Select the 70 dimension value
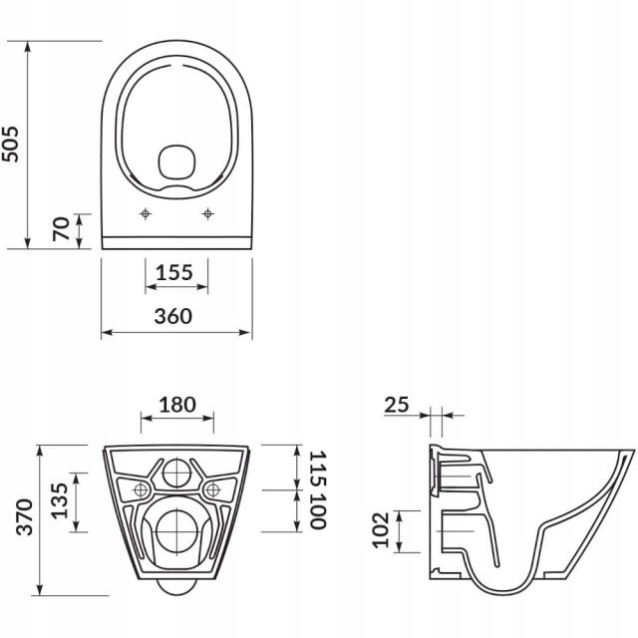[62, 229]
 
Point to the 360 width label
[176, 316]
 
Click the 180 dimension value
[177, 405]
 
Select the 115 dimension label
[318, 466]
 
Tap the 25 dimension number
[397, 404]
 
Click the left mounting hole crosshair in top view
[146, 213]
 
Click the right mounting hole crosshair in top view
[208, 213]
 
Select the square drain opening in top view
[176, 161]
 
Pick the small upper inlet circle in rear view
[176, 473]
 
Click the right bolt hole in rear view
[211, 488]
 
